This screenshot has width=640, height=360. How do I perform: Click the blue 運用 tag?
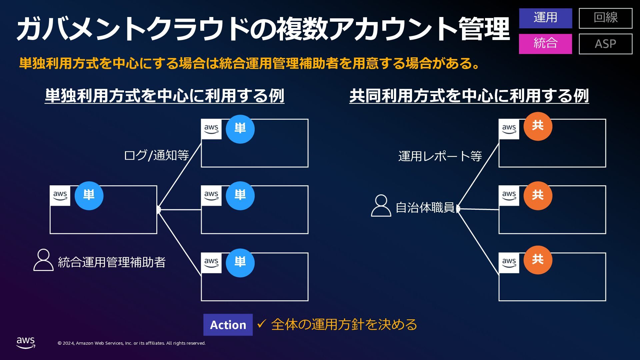tap(545, 18)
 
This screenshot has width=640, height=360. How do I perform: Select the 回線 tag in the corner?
tap(605, 18)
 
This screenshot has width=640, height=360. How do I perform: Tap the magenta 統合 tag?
tap(545, 44)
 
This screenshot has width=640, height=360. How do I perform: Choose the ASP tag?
tap(605, 44)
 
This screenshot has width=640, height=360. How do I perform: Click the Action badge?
tap(228, 325)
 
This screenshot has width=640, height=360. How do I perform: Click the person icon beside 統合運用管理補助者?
tap(43, 260)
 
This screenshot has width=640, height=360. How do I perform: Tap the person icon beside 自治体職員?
tap(381, 206)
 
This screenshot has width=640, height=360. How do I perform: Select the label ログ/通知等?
tap(156, 155)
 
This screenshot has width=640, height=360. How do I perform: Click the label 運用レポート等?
tap(440, 156)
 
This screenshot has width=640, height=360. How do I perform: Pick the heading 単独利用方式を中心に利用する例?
tap(164, 96)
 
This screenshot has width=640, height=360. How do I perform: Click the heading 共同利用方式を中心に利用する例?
tap(469, 96)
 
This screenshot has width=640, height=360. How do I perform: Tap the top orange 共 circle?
tap(538, 126)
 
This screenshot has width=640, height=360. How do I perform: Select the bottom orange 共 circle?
tap(538, 260)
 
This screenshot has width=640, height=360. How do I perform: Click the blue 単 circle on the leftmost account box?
tap(89, 196)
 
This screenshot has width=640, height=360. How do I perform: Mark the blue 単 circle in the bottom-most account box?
tap(240, 263)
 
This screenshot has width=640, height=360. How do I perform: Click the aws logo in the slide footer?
tap(26, 342)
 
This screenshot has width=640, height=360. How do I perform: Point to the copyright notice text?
tap(132, 343)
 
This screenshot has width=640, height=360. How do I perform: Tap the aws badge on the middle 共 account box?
tap(509, 196)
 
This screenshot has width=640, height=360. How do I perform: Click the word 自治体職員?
tap(425, 208)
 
